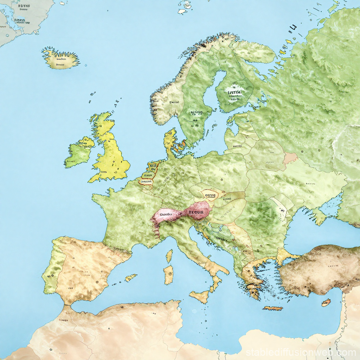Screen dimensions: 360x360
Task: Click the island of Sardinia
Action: tap(169, 275)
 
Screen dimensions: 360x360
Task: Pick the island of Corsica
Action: tap(169, 256)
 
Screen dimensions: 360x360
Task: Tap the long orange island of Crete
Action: tap(273, 308)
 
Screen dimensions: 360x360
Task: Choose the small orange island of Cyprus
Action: tap(326, 302)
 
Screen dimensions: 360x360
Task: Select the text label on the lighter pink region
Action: tap(166, 213)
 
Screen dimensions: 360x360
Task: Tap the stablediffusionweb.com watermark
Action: tap(301, 352)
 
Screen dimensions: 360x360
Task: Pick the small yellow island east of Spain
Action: tap(131, 277)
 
